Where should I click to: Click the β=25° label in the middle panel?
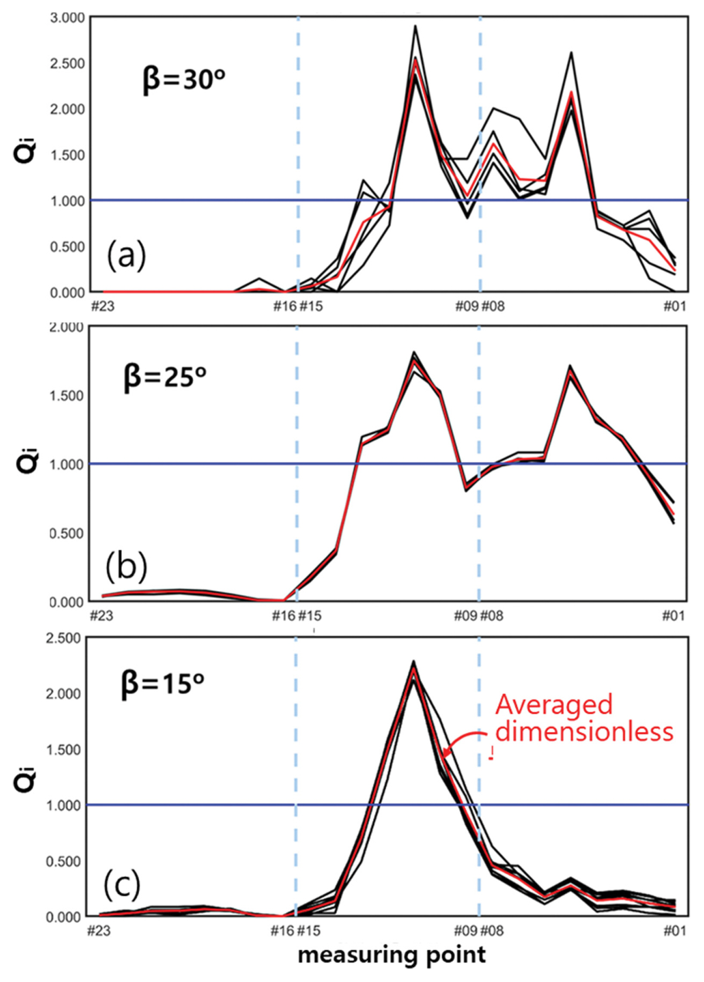point(165,376)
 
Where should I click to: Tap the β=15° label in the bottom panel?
point(163,683)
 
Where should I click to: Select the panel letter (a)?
point(126,256)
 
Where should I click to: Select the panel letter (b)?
point(126,566)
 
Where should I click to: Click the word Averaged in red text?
point(554,704)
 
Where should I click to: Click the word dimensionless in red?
point(584,732)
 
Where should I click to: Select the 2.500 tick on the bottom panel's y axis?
point(64,638)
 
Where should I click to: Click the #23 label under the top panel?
point(103,307)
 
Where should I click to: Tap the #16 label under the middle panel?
point(283,615)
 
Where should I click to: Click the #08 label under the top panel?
point(493,307)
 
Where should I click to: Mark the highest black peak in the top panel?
point(415,26)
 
